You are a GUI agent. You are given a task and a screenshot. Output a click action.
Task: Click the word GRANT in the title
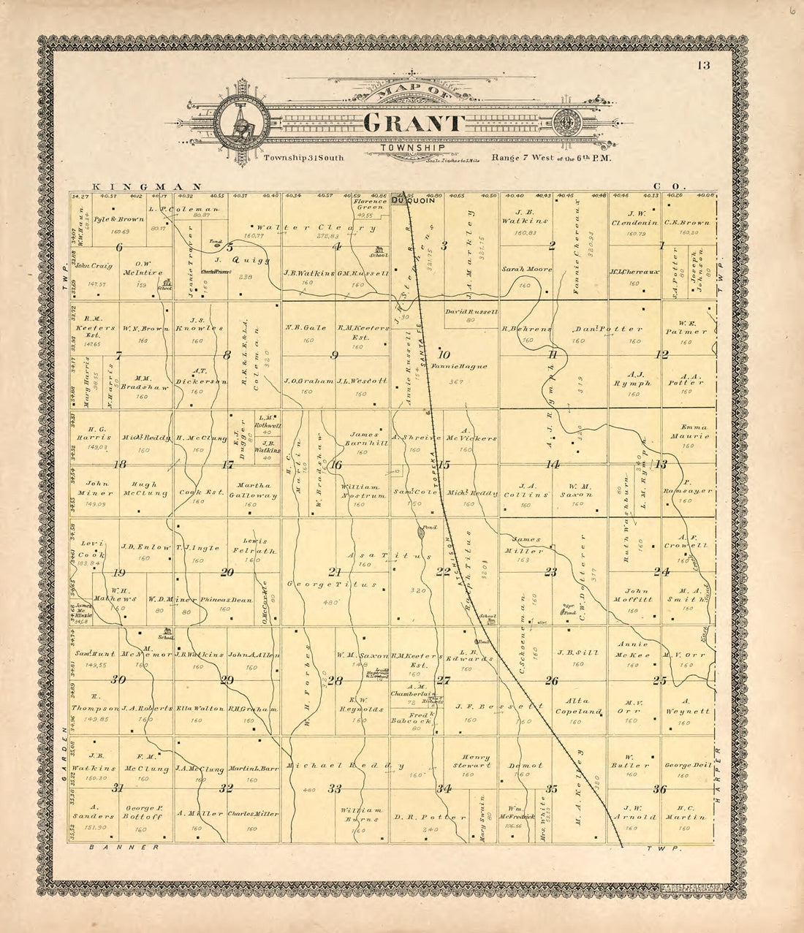coord(413,123)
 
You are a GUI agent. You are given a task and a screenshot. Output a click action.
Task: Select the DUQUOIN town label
coord(413,200)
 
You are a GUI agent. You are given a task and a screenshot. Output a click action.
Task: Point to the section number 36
coord(660,788)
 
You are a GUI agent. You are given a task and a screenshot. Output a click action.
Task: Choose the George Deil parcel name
coord(688,765)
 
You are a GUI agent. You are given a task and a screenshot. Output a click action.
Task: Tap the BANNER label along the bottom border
coord(124,848)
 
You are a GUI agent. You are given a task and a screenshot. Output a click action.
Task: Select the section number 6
coord(118,247)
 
